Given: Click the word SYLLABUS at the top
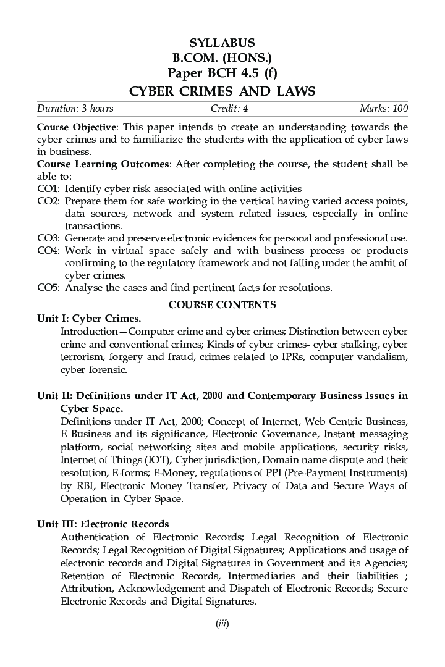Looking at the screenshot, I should pyautogui.click(x=222, y=43).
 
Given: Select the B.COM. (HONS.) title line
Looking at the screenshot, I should pyautogui.click(x=222, y=59).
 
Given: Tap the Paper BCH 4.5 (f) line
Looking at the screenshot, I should pyautogui.click(x=222, y=75).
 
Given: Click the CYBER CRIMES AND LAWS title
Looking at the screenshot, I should pyautogui.click(x=222, y=91).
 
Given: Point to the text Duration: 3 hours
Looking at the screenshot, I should pyautogui.click(x=75, y=109).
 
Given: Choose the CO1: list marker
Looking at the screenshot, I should pyautogui.click(x=49, y=188).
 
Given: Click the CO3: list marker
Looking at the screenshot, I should pyautogui.click(x=49, y=238).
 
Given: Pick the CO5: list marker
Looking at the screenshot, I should pyautogui.click(x=49, y=287).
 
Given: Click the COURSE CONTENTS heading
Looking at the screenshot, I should pyautogui.click(x=222, y=304).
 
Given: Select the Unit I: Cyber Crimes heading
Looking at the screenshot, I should pyautogui.click(x=89, y=319).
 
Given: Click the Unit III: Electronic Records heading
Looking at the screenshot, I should pyautogui.click(x=103, y=524).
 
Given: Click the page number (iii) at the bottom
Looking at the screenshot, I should pyautogui.click(x=222, y=624).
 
